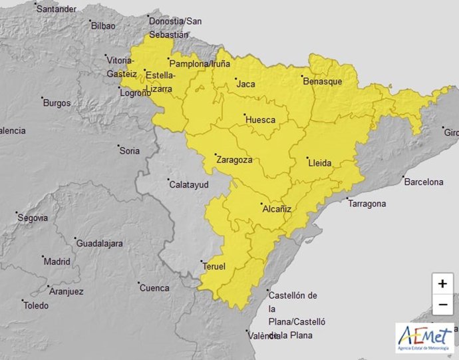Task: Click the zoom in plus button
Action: (x=442, y=283)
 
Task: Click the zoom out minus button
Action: (x=442, y=305)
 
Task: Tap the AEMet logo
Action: (x=424, y=338)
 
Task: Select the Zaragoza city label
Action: (x=233, y=160)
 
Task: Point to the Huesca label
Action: (x=260, y=120)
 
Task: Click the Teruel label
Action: (x=214, y=267)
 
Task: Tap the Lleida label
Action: (x=320, y=162)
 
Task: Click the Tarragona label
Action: (x=367, y=203)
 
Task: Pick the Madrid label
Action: (x=57, y=262)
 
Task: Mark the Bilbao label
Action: (x=103, y=26)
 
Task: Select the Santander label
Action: (x=57, y=9)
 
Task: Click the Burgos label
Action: (x=57, y=103)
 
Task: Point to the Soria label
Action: (x=129, y=151)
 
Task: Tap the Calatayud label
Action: (x=189, y=184)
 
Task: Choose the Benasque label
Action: (x=323, y=81)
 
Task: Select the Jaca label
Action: (x=245, y=85)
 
